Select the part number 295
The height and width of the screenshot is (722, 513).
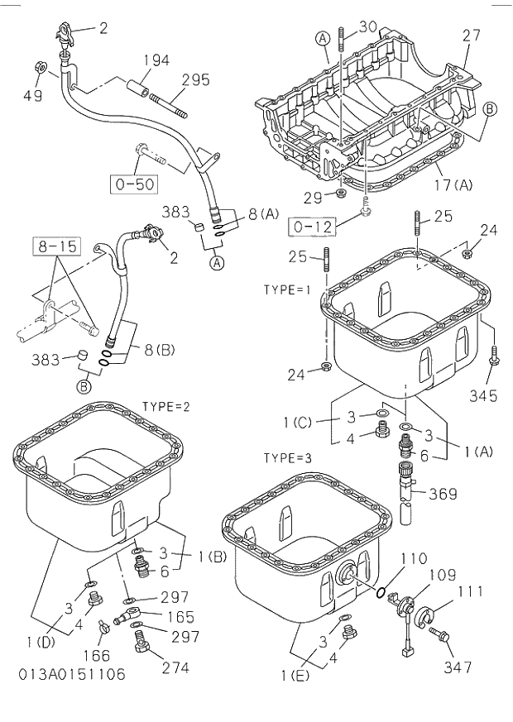pyautogui.click(x=195, y=81)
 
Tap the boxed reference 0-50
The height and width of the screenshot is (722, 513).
pyautogui.click(x=133, y=184)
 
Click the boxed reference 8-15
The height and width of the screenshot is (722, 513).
pyautogui.click(x=54, y=245)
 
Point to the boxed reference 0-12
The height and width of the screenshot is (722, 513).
pyautogui.click(x=311, y=225)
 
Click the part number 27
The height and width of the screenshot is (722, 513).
pyautogui.click(x=472, y=36)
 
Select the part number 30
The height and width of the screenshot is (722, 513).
pyautogui.click(x=368, y=26)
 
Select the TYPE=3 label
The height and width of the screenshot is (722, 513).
pyautogui.click(x=287, y=457)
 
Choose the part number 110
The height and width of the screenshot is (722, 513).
pyautogui.click(x=414, y=559)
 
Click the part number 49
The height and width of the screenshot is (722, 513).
pyautogui.click(x=32, y=96)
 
